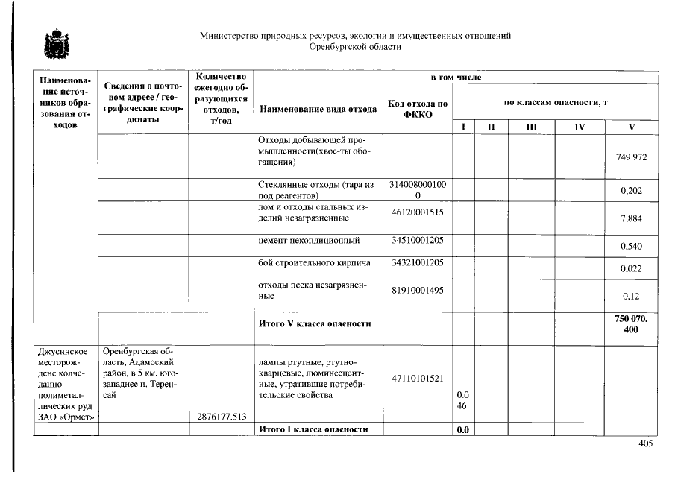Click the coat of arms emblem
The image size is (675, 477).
[54, 45]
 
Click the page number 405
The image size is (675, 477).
[645, 444]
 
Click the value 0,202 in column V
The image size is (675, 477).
[631, 192]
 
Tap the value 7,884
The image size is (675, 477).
[631, 218]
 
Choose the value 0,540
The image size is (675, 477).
[631, 246]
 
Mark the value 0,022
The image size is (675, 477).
[631, 268]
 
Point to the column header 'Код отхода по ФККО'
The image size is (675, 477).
[417, 109]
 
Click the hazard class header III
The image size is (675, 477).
[530, 127]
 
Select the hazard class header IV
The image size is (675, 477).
[580, 127]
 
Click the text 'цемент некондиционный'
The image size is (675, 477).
[309, 241]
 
